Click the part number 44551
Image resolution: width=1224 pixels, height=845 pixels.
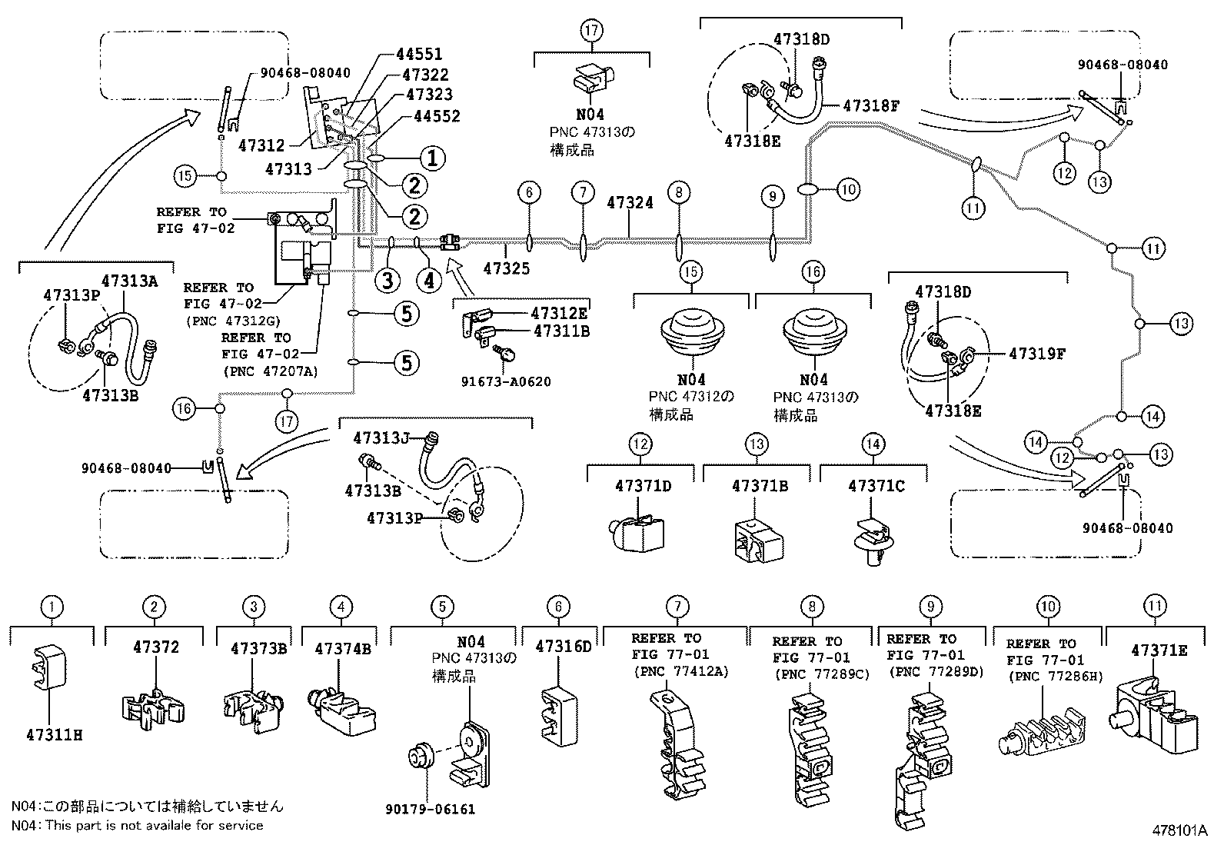coord(419,54)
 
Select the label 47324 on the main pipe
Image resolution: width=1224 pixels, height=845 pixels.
coord(630,203)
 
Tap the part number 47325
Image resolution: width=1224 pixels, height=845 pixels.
coord(507,268)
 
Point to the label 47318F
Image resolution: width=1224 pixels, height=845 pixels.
coord(871,105)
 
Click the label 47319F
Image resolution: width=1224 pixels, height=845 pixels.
coord(1037,354)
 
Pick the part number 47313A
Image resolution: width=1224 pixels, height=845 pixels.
coord(129,281)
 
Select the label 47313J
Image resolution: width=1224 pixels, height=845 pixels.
coord(381,437)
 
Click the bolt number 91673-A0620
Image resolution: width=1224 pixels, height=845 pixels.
coord(506,381)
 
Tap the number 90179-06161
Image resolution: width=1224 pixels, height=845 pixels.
coord(430,809)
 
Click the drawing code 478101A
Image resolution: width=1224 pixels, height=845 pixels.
coord(1179,831)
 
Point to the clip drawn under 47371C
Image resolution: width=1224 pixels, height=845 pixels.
coord(873,542)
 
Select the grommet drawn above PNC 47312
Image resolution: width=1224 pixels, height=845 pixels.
coord(692,331)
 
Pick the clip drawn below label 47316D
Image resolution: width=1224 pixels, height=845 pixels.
coord(560,717)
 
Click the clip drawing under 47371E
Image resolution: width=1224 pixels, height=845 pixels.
coord(1153,715)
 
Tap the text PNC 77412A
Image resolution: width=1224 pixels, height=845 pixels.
coord(681,672)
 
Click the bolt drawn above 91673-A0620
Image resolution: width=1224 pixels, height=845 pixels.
coord(504,353)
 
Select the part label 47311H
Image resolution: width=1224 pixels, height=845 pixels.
coord(55,735)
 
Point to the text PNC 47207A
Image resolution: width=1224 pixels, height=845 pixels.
coord(271,371)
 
